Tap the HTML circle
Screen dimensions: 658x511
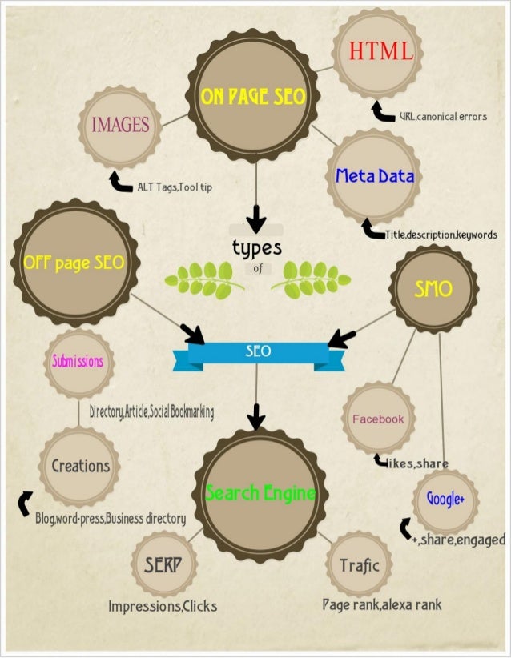click(x=380, y=54)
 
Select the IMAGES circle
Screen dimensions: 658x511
click(x=120, y=126)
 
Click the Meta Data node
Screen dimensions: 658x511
click(x=375, y=176)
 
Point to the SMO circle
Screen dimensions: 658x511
click(x=433, y=290)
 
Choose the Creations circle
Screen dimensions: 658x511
click(x=80, y=466)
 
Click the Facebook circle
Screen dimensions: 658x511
click(x=379, y=419)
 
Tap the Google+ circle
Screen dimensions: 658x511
click(x=445, y=500)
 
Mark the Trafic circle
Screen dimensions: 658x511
click(x=359, y=565)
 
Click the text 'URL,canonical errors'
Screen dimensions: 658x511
click(x=443, y=117)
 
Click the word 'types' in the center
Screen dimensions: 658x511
click(x=256, y=248)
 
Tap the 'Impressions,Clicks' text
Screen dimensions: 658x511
click(x=163, y=607)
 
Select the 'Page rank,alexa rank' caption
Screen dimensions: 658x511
click(x=381, y=604)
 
